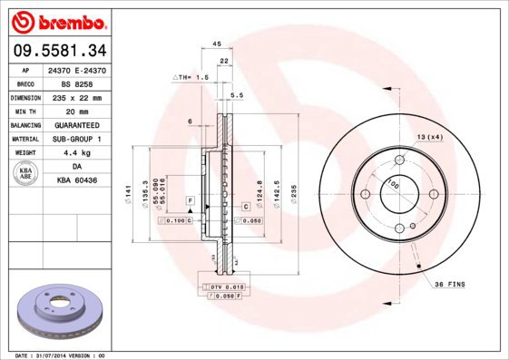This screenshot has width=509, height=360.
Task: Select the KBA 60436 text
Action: (x=76, y=181)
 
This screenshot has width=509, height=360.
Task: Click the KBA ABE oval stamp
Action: (x=26, y=174)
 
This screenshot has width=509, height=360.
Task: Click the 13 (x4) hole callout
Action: (x=429, y=137)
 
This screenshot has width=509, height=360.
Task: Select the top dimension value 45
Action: (x=216, y=44)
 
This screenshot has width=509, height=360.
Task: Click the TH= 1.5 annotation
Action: (x=191, y=78)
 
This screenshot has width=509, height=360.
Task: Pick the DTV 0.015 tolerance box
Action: (x=222, y=287)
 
